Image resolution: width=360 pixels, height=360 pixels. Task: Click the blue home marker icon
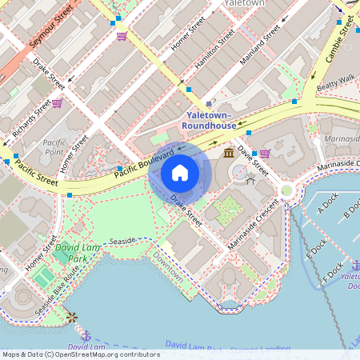(x=180, y=173)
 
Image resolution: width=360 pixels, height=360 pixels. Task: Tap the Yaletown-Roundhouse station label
(x=209, y=120)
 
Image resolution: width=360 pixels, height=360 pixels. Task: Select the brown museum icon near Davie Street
(x=230, y=153)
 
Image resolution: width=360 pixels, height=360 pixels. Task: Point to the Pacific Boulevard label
(x=144, y=162)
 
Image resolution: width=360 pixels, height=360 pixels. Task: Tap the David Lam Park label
(x=70, y=254)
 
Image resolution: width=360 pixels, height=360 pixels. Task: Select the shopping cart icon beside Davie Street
(x=265, y=153)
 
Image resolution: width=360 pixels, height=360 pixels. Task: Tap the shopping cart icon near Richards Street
(x=58, y=102)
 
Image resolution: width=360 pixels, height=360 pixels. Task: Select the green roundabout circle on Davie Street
(x=286, y=190)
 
